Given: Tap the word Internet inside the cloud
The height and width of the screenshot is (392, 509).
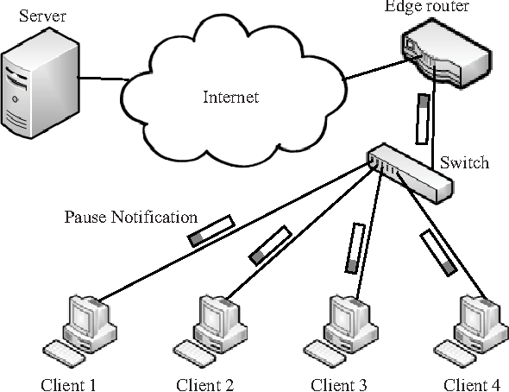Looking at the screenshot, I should [x=231, y=96].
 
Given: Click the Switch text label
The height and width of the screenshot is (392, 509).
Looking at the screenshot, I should [x=464, y=162].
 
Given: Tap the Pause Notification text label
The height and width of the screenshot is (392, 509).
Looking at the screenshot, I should [x=130, y=216].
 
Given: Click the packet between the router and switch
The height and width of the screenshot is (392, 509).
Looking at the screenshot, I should [x=422, y=119].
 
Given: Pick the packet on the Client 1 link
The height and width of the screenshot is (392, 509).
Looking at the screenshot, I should [x=211, y=231].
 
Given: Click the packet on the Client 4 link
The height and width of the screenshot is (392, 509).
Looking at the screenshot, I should [x=438, y=253].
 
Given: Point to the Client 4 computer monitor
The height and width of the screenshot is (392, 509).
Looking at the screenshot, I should [x=476, y=316].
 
